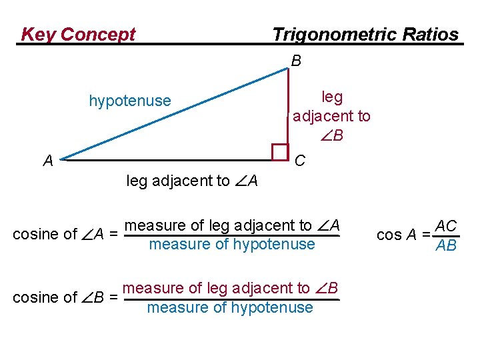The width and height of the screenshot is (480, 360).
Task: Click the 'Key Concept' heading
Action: pyautogui.click(x=78, y=35)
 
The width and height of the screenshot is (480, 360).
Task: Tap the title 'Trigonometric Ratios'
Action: pyautogui.click(x=365, y=35)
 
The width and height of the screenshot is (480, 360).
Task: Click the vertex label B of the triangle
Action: pyautogui.click(x=296, y=61)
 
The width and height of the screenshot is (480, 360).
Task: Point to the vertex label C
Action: pyautogui.click(x=300, y=161)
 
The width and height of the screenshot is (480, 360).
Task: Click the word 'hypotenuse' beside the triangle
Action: pyautogui.click(x=130, y=101)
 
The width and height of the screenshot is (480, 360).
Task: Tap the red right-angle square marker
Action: pyautogui.click(x=280, y=153)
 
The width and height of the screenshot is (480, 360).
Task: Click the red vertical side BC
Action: pyautogui.click(x=288, y=107)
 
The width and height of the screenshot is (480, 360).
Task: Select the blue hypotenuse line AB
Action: pyautogui.click(x=173, y=113)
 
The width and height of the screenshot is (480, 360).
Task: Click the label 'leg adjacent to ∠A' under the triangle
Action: pyautogui.click(x=192, y=181)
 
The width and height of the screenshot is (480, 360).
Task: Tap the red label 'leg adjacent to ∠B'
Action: pyautogui.click(x=331, y=116)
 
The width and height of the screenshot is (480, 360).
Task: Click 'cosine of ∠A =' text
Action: pyautogui.click(x=66, y=234)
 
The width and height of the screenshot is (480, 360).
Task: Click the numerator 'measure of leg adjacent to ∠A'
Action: pyautogui.click(x=233, y=225)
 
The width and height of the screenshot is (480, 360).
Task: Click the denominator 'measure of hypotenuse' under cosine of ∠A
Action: pyautogui.click(x=232, y=244)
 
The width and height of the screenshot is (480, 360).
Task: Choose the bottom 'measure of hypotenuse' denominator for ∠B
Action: pyautogui.click(x=230, y=307)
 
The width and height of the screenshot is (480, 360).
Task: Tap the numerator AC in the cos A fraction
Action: pyautogui.click(x=445, y=226)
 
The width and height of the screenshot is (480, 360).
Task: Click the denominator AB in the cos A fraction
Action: pyautogui.click(x=445, y=245)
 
